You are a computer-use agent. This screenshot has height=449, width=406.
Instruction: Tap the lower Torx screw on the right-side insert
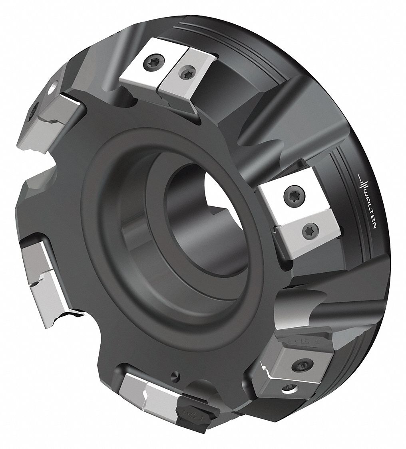click(x=309, y=229)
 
